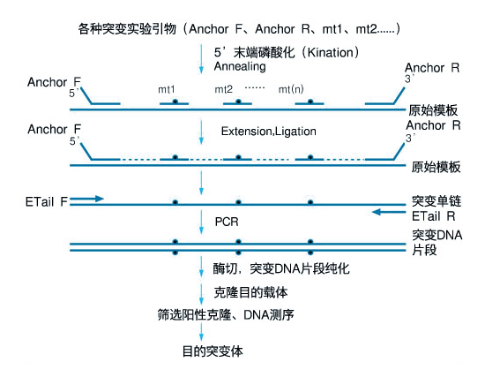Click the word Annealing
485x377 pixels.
coord(240,67)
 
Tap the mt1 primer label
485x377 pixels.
coord(167,89)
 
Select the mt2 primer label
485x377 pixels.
coord(223,89)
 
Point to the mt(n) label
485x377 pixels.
coord(291,89)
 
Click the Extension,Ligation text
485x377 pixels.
coord(268,132)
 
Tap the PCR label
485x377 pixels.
coord(227,222)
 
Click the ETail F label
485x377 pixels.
coord(47,202)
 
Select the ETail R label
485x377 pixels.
coord(433,216)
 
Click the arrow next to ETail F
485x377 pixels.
coord(86,199)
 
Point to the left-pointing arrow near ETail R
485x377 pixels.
coord(389,212)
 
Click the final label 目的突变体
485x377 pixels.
coord(213,351)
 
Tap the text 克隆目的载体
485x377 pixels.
coord(250,292)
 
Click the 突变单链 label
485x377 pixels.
coord(436,201)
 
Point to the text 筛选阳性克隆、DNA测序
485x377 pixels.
coord(226,314)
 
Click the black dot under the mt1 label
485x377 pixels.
coord(175,102)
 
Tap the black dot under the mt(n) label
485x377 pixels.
coord(310,102)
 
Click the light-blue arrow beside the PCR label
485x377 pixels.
coord(201,222)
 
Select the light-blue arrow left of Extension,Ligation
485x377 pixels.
coord(201,132)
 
